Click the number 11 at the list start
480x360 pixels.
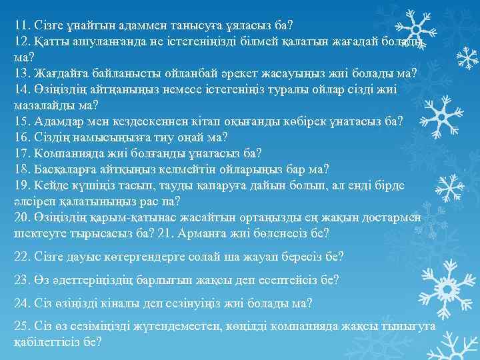tap(21, 26)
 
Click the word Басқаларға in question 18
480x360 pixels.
tap(63, 169)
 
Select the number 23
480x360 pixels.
tap(21, 280)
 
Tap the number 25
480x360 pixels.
tap(21, 327)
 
